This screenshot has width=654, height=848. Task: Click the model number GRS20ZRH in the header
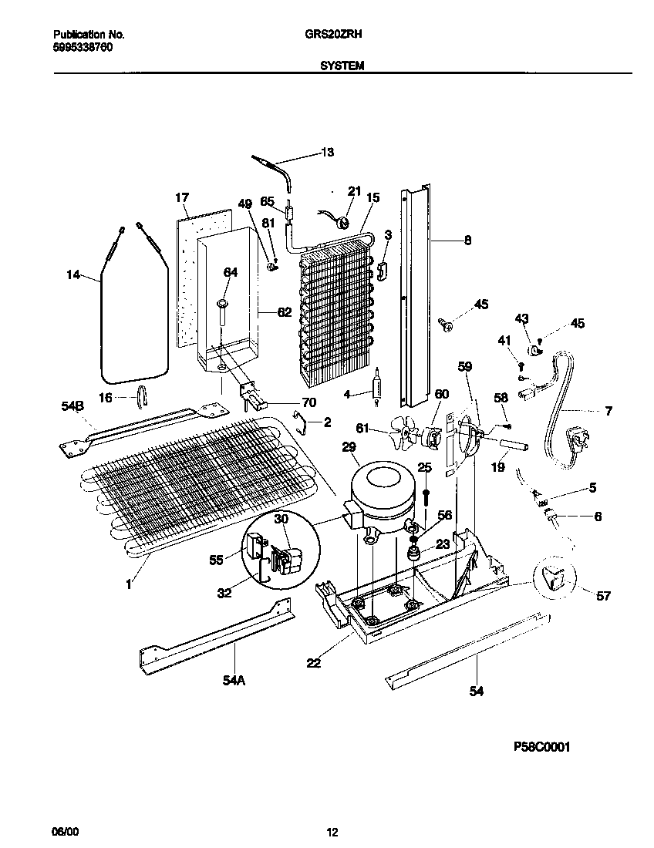pos(340,35)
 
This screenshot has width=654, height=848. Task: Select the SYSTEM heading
pos(342,66)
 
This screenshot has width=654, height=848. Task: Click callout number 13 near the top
pos(327,153)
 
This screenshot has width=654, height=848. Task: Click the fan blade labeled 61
pos(404,433)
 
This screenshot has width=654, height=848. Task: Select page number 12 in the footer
pos(332,832)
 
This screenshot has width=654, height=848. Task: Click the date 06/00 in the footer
pos(65,832)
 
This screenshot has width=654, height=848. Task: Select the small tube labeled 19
pos(512,446)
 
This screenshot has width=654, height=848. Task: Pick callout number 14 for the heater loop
pos(74,274)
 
